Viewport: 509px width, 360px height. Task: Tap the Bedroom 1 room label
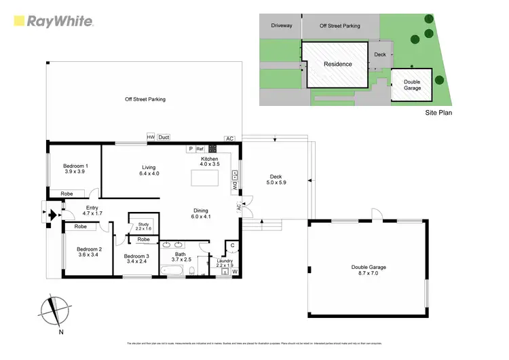(76, 168)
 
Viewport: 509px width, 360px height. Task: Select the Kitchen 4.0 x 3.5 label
(210, 161)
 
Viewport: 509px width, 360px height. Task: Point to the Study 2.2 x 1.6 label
(143, 226)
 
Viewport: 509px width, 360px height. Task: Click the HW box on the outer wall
(151, 137)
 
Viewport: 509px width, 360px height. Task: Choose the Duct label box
(164, 137)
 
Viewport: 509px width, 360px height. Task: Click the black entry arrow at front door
(50, 216)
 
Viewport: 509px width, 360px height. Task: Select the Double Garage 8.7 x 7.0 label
(367, 270)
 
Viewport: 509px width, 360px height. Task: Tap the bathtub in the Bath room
(172, 270)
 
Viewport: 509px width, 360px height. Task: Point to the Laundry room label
(225, 262)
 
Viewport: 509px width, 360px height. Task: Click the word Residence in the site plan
(337, 65)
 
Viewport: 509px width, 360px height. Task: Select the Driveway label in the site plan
(282, 26)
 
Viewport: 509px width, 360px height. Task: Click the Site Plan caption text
(438, 113)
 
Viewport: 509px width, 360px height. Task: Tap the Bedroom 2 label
(89, 252)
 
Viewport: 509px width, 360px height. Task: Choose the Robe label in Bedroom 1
(67, 194)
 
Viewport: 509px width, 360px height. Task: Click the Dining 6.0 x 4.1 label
(200, 213)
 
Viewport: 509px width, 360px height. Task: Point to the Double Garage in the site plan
(412, 85)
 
